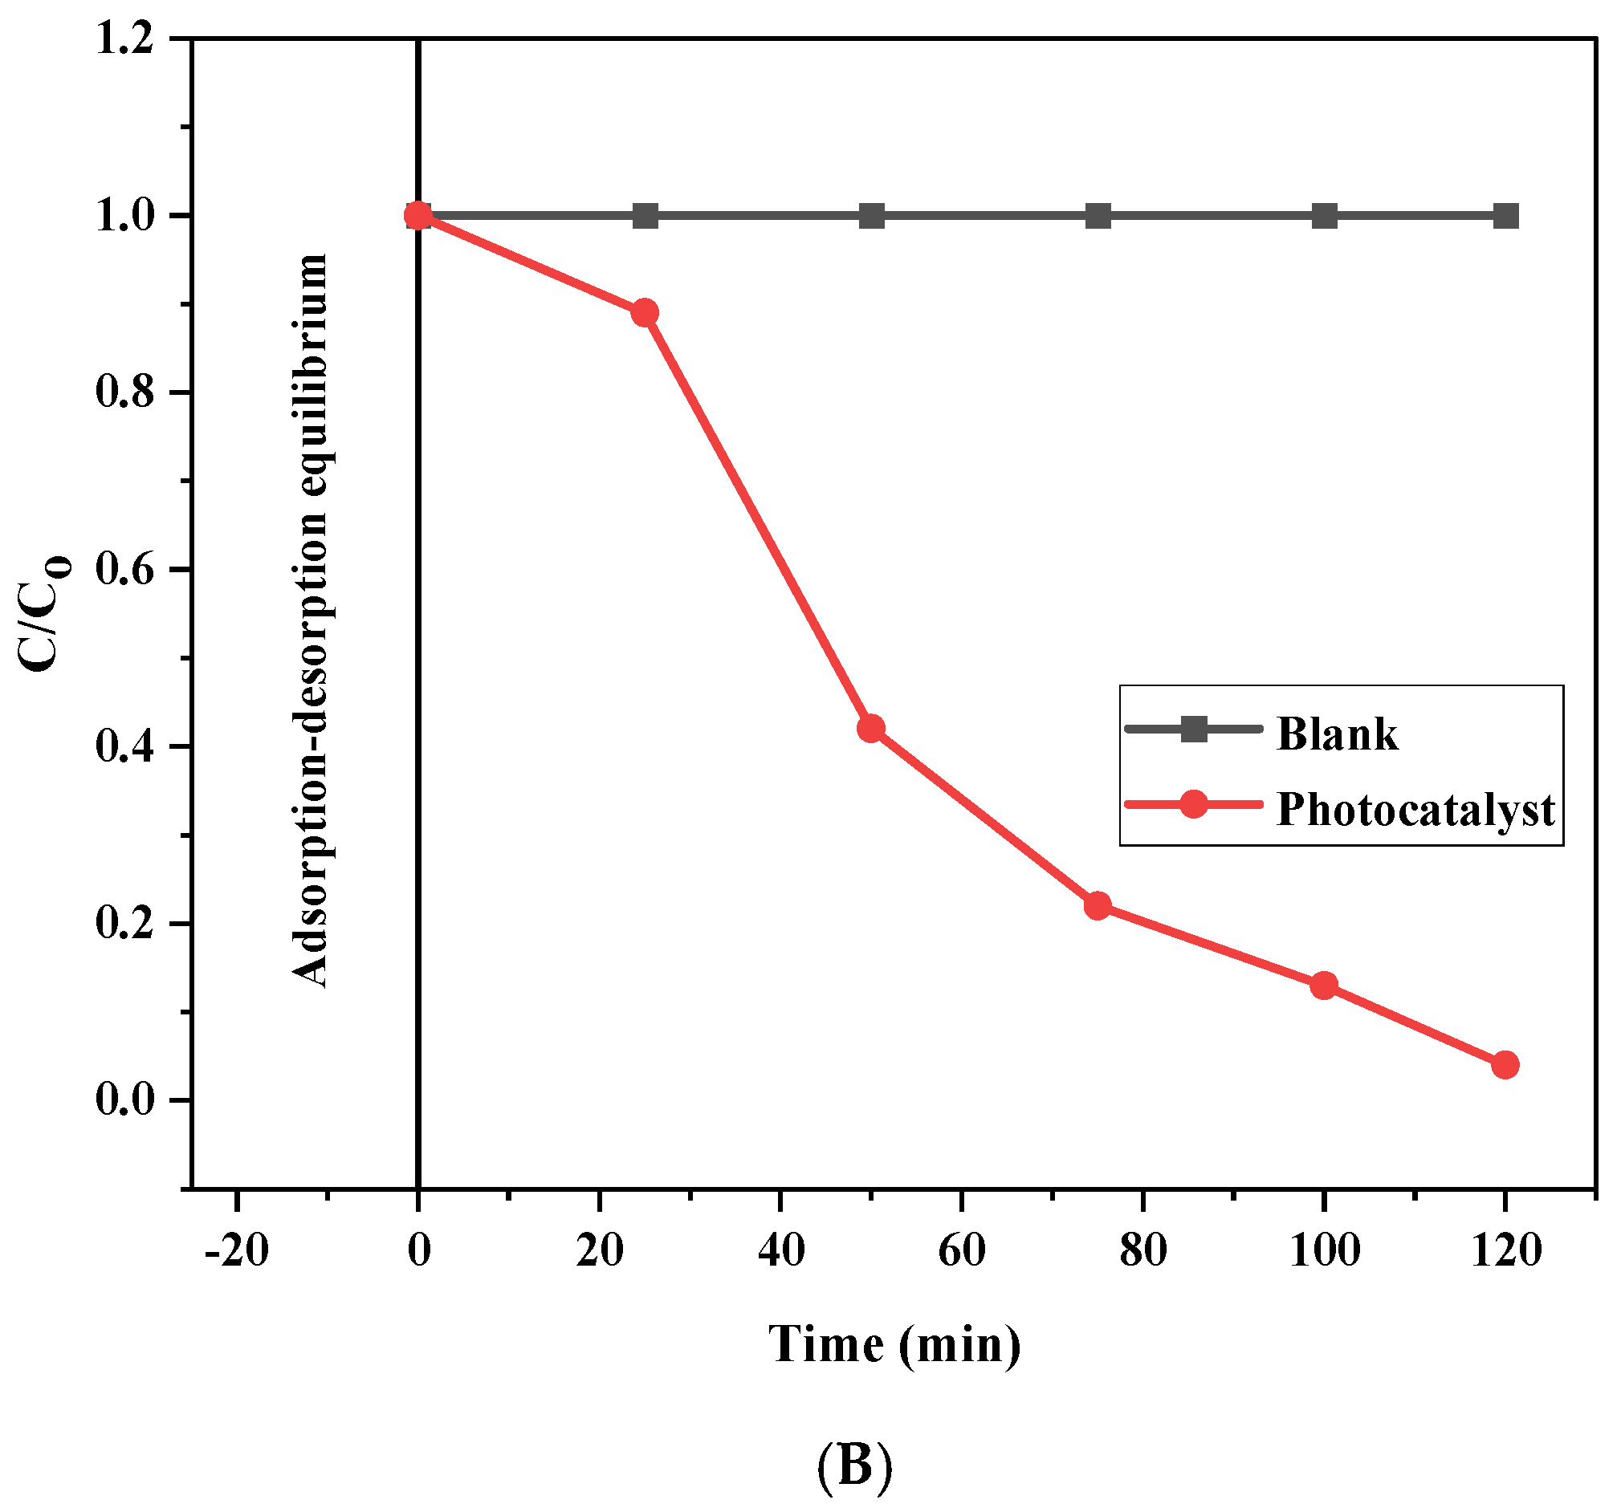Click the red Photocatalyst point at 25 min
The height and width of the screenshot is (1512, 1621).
click(x=645, y=312)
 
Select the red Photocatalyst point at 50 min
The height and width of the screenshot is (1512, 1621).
click(x=871, y=728)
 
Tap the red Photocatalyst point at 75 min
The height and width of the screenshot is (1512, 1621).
click(x=1098, y=905)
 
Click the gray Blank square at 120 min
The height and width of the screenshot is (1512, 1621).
click(x=1505, y=216)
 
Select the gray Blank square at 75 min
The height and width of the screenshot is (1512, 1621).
click(x=1098, y=216)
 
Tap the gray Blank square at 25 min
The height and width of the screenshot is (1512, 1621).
click(x=645, y=216)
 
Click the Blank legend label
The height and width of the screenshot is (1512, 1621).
click(x=1337, y=734)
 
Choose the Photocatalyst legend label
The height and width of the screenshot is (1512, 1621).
click(x=1415, y=810)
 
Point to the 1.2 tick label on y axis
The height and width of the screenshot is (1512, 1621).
click(x=124, y=39)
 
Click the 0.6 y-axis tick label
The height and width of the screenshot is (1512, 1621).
click(x=124, y=569)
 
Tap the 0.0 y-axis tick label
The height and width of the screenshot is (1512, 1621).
click(x=124, y=1099)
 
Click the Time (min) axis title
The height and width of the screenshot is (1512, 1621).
click(x=894, y=1344)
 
